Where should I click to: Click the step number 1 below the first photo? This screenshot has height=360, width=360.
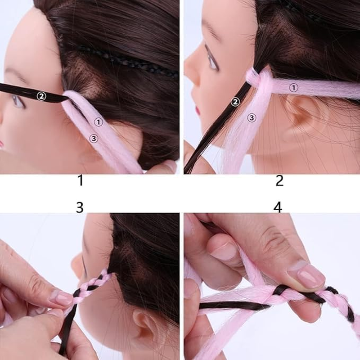[81, 180]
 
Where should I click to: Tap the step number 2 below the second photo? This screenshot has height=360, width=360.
[279, 180]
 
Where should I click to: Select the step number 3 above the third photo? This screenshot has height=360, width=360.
[80, 207]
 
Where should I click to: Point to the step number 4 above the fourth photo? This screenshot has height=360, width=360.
[278, 207]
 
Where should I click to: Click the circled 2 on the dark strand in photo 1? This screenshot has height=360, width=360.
[41, 96]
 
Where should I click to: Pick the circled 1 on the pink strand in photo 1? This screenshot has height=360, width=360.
[99, 122]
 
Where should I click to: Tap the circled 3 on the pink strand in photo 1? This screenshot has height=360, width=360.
[94, 139]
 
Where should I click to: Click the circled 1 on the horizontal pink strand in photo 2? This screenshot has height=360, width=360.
[293, 87]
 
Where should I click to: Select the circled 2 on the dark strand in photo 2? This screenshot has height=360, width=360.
[235, 102]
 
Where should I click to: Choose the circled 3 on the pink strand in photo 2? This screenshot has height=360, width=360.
[252, 118]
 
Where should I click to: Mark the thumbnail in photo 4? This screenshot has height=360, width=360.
[306, 274]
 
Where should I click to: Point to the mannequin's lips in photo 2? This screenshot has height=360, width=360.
[198, 110]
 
